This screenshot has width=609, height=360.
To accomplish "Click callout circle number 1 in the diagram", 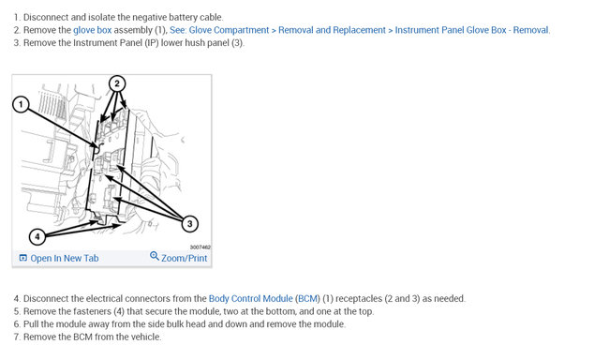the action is pos(21,105).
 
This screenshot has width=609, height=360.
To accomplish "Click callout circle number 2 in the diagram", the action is pos(117,83).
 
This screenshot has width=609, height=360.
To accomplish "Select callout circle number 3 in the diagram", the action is pos(189,224).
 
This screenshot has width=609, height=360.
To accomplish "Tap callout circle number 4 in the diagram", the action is pos(37,236).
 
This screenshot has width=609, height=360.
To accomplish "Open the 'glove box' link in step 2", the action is pos(93,30).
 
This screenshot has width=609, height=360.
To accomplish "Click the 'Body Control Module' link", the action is pos(250,298).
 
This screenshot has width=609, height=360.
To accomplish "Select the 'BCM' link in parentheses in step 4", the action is pos(308,298).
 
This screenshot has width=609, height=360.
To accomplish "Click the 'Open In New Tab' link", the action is pos(65,258).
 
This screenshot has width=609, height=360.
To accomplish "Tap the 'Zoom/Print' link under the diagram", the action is pos(184,258).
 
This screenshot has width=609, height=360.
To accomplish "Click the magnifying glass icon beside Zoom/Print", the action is pos(155,256).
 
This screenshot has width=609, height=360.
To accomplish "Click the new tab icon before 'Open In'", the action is pos(23,258).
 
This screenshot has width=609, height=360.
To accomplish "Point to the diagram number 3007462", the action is pos(200,247).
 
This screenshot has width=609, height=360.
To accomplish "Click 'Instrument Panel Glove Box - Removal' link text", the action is pos(472,30).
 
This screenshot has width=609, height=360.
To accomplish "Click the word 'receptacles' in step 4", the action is pos(359,298).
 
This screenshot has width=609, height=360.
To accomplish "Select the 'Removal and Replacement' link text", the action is pos(332,30).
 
